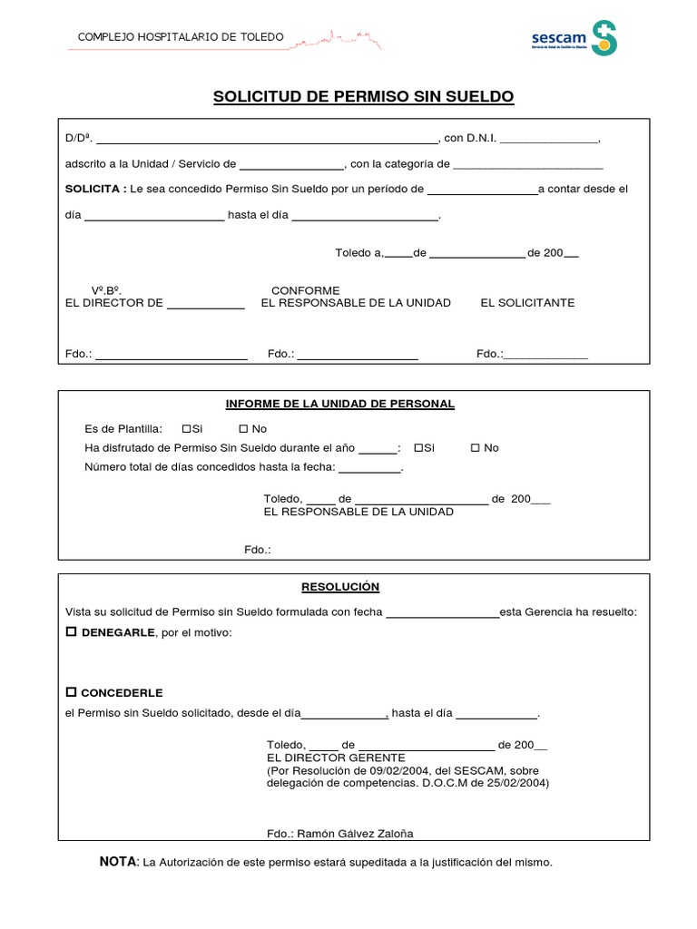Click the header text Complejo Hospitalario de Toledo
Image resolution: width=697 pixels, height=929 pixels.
click(182, 37)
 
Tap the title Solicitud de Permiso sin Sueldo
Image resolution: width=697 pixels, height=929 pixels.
click(363, 96)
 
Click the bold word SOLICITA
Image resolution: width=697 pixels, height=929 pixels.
click(95, 189)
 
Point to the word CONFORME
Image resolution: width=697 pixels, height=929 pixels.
click(305, 290)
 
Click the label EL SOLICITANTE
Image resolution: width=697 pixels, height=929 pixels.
click(527, 303)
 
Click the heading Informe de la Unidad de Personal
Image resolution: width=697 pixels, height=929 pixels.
click(339, 404)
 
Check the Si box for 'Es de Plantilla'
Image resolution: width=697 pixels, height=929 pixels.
click(186, 428)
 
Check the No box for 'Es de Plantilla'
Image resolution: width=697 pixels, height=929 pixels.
click(243, 428)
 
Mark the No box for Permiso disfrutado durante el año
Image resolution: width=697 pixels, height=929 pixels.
click(476, 448)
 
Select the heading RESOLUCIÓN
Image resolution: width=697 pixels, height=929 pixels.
click(340, 587)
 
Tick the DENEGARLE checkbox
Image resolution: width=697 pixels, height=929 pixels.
click(72, 631)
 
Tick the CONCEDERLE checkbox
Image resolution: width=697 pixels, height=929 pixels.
click(72, 692)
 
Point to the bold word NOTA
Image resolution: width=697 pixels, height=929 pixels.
click(117, 861)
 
